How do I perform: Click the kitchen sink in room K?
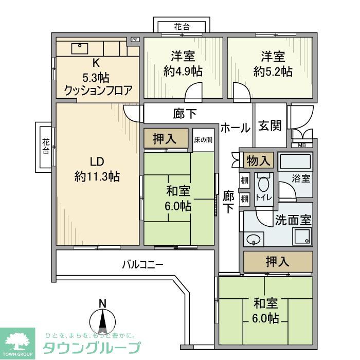pyautogui.click(x=81, y=48)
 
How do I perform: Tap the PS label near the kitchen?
pyautogui.click(x=135, y=40)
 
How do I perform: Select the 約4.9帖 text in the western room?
pyautogui.click(x=183, y=71)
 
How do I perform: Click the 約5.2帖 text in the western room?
pyautogui.click(x=273, y=71)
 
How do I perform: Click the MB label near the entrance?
pyautogui.click(x=301, y=145)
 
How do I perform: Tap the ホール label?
pyautogui.click(x=236, y=128)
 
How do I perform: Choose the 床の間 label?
pyautogui.click(x=202, y=139)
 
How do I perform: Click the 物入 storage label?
pyautogui.click(x=258, y=160)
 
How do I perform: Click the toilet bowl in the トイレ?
pyautogui.click(x=264, y=186)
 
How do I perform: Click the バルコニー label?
pyautogui.click(x=142, y=265)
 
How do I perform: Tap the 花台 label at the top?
pyautogui.click(x=182, y=27)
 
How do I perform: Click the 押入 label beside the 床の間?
pyautogui.click(x=166, y=139)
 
